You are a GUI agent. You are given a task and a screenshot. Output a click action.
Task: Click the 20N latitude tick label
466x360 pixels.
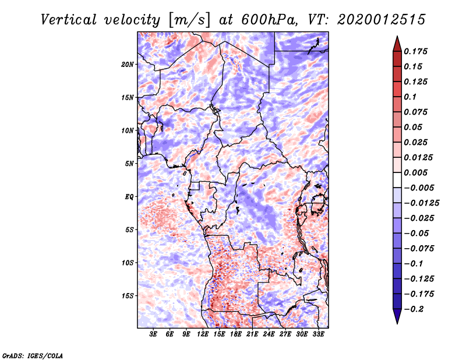pos(128,64)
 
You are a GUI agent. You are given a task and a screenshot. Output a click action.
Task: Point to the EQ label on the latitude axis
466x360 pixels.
pos(129,197)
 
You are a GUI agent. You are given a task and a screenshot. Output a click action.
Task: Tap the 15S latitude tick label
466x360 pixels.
pos(128,296)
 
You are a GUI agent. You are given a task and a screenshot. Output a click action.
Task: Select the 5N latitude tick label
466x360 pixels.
pos(129,164)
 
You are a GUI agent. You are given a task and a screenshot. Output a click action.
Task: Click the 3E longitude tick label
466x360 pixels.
pos(154,334)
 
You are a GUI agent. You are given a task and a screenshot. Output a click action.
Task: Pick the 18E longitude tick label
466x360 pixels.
pos(236,334)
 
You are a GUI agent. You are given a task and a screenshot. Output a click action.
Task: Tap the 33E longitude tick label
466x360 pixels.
pos(318,334)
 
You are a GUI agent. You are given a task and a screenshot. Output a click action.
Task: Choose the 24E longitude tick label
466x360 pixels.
pos(269,334)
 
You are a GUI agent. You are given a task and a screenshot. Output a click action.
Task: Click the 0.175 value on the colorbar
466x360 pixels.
pos(416,52)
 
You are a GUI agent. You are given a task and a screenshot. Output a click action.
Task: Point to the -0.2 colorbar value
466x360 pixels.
pos(415,309)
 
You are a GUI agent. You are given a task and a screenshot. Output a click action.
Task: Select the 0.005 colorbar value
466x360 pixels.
pos(416,173)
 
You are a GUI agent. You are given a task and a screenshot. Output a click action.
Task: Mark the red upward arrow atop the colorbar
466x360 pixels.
pos(397,42)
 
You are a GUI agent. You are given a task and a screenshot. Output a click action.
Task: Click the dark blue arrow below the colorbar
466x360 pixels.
pos(397,316)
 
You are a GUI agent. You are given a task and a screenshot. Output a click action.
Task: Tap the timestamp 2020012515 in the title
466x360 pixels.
pos(373,19)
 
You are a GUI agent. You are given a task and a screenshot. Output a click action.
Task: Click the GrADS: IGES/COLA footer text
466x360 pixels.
pos(33,355)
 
